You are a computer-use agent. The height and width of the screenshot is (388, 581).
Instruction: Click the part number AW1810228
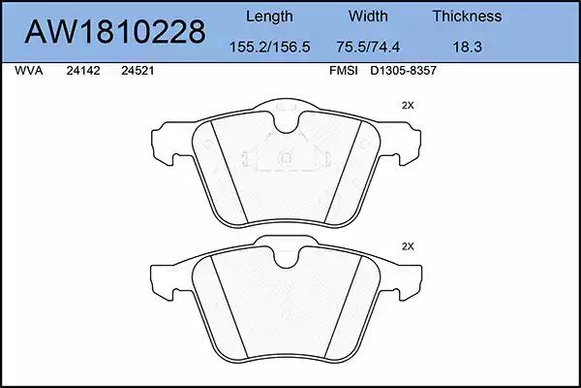click(115, 32)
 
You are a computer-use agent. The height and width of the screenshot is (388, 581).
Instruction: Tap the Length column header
click(269, 16)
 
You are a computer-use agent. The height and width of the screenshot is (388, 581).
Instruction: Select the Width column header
click(368, 16)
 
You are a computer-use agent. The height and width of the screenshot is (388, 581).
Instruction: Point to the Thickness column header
click(467, 16)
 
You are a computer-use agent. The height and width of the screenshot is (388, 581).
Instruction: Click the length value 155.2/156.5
click(269, 47)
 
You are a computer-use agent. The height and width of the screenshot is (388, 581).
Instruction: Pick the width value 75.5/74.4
click(368, 47)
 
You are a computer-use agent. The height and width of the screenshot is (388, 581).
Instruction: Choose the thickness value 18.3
click(468, 47)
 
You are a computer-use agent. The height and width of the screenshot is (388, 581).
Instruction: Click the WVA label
click(29, 71)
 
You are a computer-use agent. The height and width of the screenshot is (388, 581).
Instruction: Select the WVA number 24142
click(83, 71)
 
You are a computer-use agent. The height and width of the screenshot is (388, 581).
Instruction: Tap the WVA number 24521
click(138, 71)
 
